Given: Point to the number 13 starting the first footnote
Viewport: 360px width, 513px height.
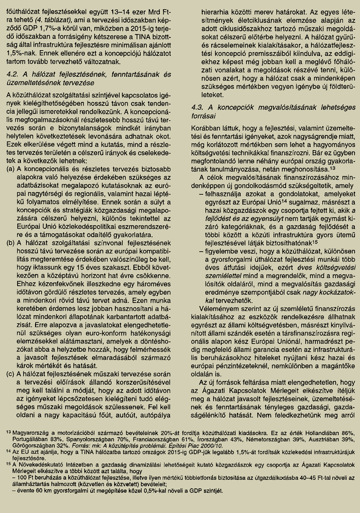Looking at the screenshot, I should (9, 432).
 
